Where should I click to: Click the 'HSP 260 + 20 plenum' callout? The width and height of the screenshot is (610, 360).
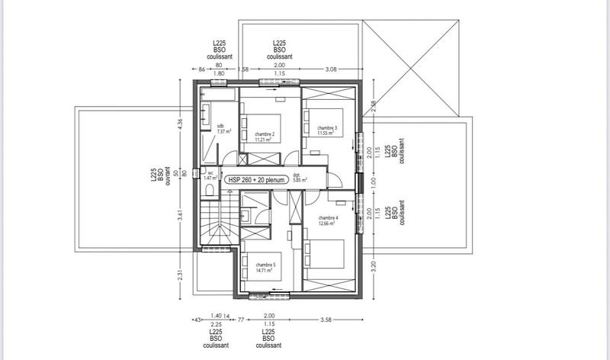pyautogui.click(x=255, y=180)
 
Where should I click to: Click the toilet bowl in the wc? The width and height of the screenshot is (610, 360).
pyautogui.click(x=210, y=188)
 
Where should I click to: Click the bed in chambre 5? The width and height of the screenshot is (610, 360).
pyautogui.click(x=263, y=262)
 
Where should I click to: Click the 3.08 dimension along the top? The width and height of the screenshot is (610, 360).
pyautogui.click(x=331, y=69)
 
